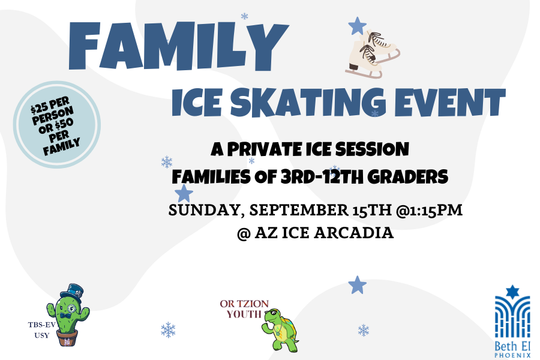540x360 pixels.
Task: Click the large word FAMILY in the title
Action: point(178,46)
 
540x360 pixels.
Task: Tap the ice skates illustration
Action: point(373,54)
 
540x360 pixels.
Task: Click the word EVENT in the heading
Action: point(450,102)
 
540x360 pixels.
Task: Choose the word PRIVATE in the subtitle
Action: point(265,149)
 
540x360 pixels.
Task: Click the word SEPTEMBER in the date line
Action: point(299,210)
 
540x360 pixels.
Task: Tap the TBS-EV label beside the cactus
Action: point(41,325)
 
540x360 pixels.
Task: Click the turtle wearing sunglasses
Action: point(280,330)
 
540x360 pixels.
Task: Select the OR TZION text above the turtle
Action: point(244,304)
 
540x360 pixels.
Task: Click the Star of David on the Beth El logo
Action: point(512,292)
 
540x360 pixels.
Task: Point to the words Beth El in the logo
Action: point(512,346)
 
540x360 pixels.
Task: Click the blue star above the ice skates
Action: point(357,26)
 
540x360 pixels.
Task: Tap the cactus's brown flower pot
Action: point(67,338)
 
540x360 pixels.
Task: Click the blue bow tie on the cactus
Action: point(65,316)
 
